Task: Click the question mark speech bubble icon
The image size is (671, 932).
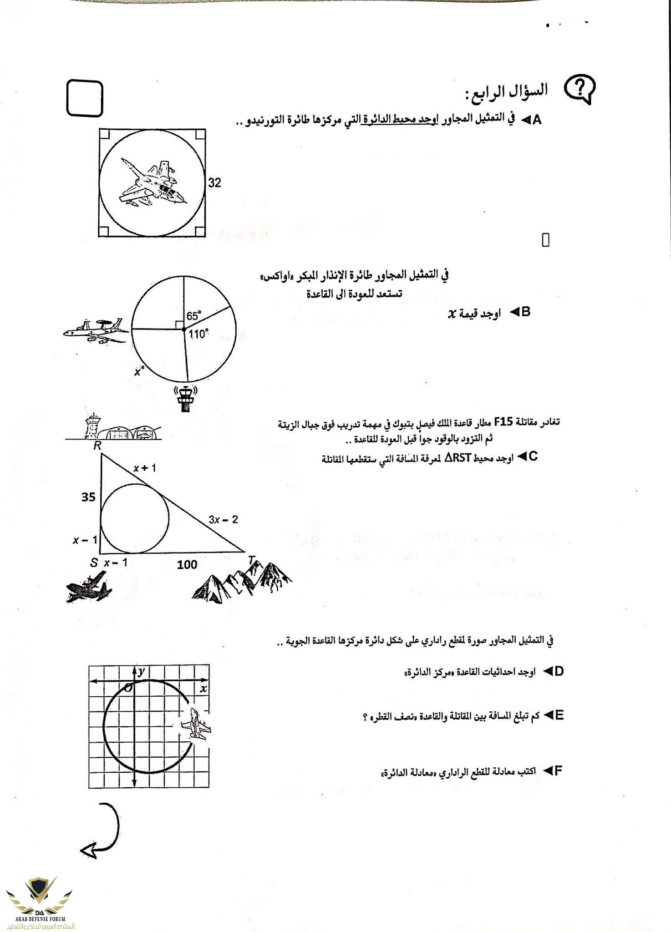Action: pyautogui.click(x=579, y=88)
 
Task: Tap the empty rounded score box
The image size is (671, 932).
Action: pyautogui.click(x=85, y=98)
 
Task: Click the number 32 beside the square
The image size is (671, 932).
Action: pyautogui.click(x=214, y=183)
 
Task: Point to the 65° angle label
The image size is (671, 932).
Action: pyautogui.click(x=193, y=316)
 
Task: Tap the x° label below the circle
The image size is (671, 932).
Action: pyautogui.click(x=139, y=371)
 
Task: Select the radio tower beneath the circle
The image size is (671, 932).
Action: pyautogui.click(x=185, y=399)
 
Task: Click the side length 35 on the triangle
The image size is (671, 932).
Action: pyautogui.click(x=88, y=497)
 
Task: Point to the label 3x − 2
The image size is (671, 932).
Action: pyautogui.click(x=223, y=519)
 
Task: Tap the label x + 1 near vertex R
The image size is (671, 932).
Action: pyautogui.click(x=145, y=468)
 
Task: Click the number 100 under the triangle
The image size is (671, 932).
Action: pyautogui.click(x=187, y=565)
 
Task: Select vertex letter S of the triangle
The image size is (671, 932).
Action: pyautogui.click(x=94, y=563)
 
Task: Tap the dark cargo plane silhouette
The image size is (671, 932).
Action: pyautogui.click(x=89, y=587)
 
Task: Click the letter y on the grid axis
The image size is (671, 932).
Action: pyautogui.click(x=142, y=671)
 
